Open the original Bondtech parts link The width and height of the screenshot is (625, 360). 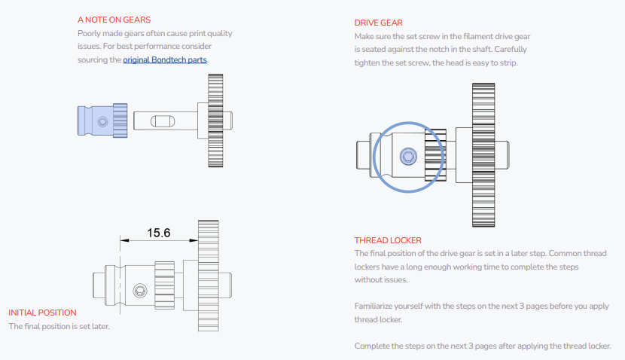pyautogui.click(x=165, y=59)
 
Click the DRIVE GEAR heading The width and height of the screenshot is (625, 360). pyautogui.click(x=380, y=23)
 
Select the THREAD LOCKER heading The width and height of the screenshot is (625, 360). pyautogui.click(x=388, y=240)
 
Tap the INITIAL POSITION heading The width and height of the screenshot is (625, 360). pyautogui.click(x=42, y=313)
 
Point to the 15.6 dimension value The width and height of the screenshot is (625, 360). pyautogui.click(x=158, y=233)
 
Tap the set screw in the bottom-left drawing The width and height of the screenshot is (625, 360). pyautogui.click(x=139, y=290)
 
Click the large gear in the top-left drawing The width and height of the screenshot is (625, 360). pyautogui.click(x=215, y=121)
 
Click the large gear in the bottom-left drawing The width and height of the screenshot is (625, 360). pyautogui.click(x=208, y=276)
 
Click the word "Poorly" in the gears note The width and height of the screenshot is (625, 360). pyautogui.click(x=90, y=33)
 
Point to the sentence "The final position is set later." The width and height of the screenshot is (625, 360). pyautogui.click(x=59, y=326)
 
